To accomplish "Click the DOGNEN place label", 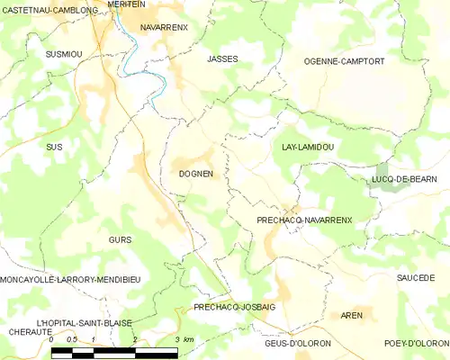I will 195,174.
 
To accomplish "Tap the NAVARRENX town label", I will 165,28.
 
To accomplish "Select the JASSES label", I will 221,58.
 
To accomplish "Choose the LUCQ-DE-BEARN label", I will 404,179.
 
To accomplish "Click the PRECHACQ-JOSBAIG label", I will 234,308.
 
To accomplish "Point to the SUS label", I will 54,146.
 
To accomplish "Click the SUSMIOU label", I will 64,54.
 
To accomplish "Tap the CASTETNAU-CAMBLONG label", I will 49,11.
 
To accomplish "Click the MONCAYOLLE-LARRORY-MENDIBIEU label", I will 70,280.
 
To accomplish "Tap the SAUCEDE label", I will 415,278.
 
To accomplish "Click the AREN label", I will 352,316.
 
